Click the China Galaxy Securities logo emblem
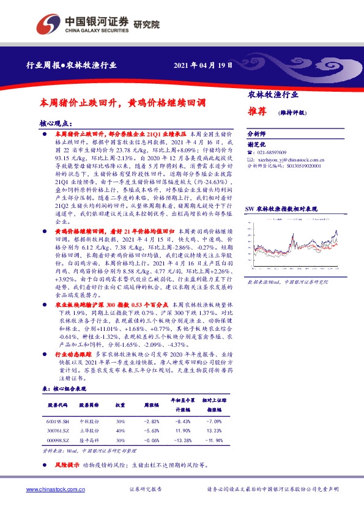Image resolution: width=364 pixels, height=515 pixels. tap(48, 24)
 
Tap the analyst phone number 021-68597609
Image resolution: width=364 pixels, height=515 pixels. tap(275, 152)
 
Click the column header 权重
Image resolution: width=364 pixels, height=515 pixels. tap(121, 406)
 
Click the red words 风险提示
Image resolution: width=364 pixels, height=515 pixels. tap(67, 465)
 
